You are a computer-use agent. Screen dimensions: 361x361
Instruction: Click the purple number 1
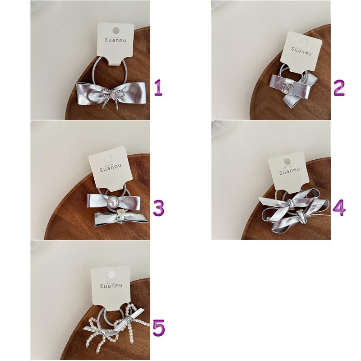tap(158, 88)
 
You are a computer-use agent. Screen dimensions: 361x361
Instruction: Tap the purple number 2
tap(339, 88)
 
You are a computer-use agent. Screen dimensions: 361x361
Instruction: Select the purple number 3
tap(159, 208)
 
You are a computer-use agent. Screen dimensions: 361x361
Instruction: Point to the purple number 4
tap(339, 208)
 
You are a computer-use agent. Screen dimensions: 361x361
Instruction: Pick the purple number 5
tap(159, 328)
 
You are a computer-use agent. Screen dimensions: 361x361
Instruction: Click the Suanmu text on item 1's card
tap(116, 40)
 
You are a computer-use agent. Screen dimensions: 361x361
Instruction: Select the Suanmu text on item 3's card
tap(111, 168)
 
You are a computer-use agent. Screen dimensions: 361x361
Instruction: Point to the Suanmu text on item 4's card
tap(290, 171)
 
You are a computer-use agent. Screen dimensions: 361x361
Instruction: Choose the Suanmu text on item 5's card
tap(111, 286)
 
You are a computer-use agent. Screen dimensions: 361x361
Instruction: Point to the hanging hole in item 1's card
tap(116, 30)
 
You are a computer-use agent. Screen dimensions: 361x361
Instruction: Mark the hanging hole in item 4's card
tap(287, 161)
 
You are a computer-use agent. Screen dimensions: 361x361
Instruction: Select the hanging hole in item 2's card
tap(304, 42)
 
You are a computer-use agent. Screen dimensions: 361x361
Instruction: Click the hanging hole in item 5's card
tap(111, 275)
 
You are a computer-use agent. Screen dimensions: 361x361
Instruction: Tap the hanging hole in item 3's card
tap(108, 158)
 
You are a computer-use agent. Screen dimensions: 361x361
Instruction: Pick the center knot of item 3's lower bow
tap(120, 217)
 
